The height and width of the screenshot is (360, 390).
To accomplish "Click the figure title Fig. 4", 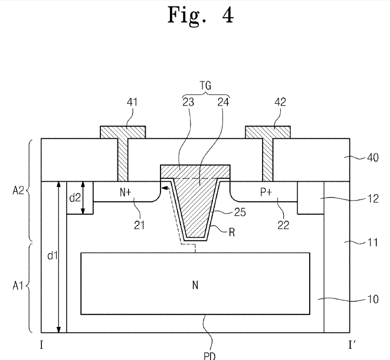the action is (201, 15).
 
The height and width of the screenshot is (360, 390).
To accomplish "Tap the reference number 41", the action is (132, 102).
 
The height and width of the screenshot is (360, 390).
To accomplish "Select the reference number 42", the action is (280, 102).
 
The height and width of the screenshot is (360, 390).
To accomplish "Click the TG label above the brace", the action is (206, 86).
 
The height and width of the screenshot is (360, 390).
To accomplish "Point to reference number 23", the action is (188, 102).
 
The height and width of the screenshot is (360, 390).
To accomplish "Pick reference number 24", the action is (223, 102).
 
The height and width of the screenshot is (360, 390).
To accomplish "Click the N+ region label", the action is (125, 192).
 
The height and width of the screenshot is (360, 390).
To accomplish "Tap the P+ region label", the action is (266, 192).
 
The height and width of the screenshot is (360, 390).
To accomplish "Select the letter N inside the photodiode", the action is (195, 285).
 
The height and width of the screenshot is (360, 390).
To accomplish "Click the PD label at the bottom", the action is (209, 356).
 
